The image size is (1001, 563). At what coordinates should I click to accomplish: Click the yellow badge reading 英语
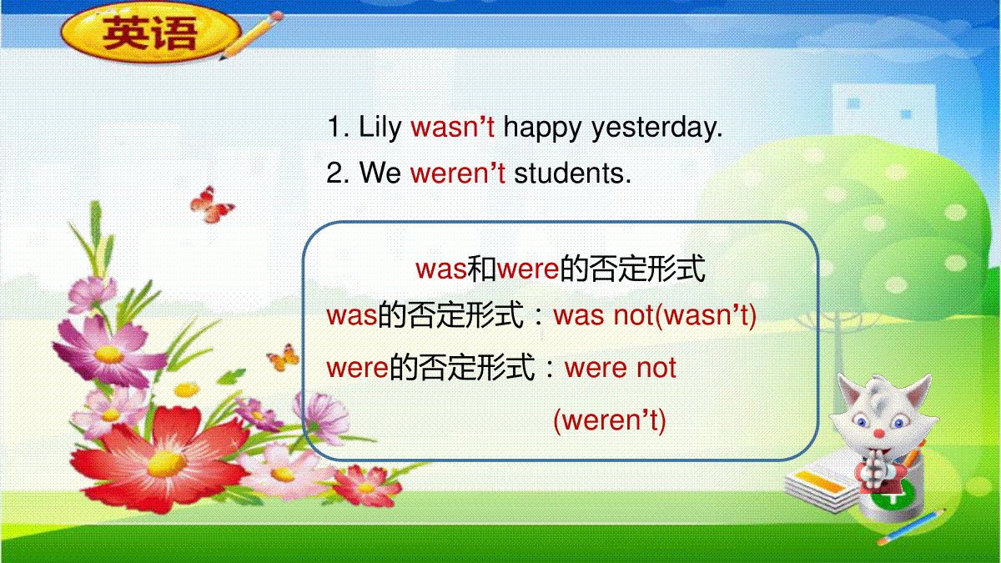[x=151, y=33]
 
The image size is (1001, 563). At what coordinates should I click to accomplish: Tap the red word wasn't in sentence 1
[x=453, y=127]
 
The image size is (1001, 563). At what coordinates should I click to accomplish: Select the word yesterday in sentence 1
[x=656, y=128]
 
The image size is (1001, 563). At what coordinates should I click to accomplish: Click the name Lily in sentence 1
[x=380, y=128]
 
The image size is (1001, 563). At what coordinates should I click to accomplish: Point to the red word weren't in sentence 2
[x=458, y=173]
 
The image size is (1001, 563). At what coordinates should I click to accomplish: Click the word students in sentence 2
[x=572, y=173]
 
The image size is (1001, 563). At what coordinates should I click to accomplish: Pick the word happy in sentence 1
[x=542, y=128]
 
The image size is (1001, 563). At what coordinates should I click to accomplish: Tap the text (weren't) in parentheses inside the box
[x=610, y=420]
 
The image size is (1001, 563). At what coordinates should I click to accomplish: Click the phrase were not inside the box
[x=621, y=368]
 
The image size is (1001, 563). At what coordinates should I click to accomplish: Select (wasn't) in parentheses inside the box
[x=706, y=315]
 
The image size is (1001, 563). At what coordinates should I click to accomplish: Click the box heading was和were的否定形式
[x=561, y=269]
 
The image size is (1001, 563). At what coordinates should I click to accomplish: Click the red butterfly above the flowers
[x=211, y=205]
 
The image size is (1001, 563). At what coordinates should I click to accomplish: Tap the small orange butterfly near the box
[x=284, y=358]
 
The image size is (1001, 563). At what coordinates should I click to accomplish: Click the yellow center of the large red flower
[x=166, y=464]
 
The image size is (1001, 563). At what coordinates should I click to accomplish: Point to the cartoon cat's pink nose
[x=879, y=434]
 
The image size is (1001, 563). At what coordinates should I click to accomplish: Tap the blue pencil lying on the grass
[x=912, y=527]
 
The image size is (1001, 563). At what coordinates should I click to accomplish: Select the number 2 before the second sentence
[x=335, y=173]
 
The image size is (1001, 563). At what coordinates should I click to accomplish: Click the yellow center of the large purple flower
[x=108, y=354]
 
